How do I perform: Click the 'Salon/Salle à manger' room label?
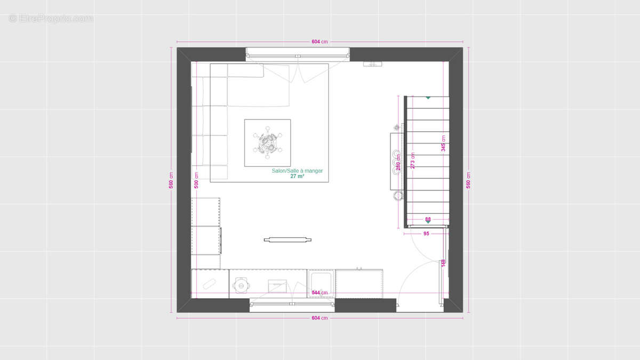coord(297,171)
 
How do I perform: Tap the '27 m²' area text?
coord(297,176)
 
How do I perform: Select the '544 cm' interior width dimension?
coord(320,293)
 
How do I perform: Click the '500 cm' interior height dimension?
coord(197,180)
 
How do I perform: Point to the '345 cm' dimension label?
coord(443,143)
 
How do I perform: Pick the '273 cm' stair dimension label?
coord(412,161)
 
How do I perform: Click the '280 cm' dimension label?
coord(398,162)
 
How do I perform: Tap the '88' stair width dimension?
coord(428,219)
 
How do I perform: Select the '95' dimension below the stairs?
coord(426,234)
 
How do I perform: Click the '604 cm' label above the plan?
coord(320,42)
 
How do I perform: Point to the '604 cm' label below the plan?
coord(320,318)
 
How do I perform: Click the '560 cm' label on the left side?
coord(171,180)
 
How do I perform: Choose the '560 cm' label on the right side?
coord(469,180)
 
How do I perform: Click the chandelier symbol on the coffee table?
coord(268,142)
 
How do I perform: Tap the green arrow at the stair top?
coord(428,98)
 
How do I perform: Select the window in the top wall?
coord(298,54)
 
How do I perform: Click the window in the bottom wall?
coord(292,305)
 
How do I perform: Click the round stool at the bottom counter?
coord(241,286)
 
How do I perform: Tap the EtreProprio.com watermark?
coord(51,18)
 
